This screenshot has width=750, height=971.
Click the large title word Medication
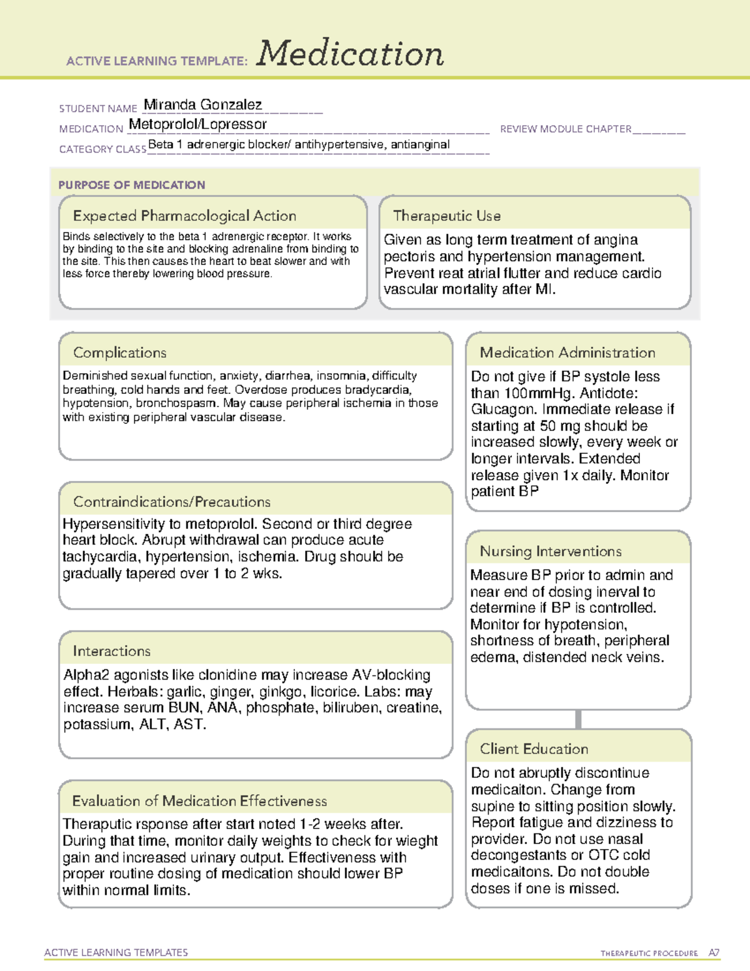pyautogui.click(x=350, y=54)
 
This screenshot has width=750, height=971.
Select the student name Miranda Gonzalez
pyautogui.click(x=202, y=104)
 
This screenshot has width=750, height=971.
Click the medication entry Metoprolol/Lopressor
pyautogui.click(x=197, y=124)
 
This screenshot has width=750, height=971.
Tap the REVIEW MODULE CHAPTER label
pyautogui.click(x=566, y=129)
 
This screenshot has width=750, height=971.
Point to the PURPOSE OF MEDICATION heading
pyautogui.click(x=131, y=185)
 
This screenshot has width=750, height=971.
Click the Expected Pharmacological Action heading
pyautogui.click(x=184, y=216)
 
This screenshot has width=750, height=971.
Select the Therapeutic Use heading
pyautogui.click(x=446, y=216)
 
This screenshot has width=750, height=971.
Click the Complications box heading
pyautogui.click(x=119, y=353)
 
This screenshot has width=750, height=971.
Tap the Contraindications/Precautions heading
pyautogui.click(x=171, y=501)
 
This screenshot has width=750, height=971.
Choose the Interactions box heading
pyautogui.click(x=111, y=651)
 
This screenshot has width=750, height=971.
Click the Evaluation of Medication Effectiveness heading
pyautogui.click(x=199, y=801)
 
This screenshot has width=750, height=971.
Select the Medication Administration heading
pyautogui.click(x=567, y=353)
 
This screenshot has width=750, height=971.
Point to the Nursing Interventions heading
pyautogui.click(x=550, y=551)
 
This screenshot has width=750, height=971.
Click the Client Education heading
pyautogui.click(x=534, y=749)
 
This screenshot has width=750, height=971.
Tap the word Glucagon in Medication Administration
pyautogui.click(x=501, y=410)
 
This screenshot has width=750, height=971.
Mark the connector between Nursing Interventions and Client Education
pyautogui.click(x=578, y=719)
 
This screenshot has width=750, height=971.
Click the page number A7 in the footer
pyautogui.click(x=714, y=953)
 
